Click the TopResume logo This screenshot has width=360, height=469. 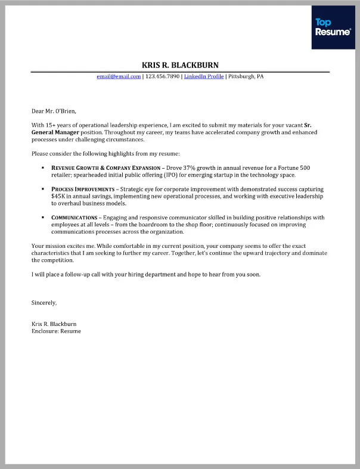pyautogui.click(x=332, y=27)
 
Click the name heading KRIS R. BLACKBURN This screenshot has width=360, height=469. pyautogui.click(x=180, y=65)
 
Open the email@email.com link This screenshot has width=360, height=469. pyautogui.click(x=119, y=76)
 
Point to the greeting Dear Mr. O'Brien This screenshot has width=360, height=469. pyautogui.click(x=54, y=110)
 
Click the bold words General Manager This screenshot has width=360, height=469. pyautogui.click(x=55, y=132)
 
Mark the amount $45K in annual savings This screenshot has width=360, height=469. pyautogui.click(x=58, y=196)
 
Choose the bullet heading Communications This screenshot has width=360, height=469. pyautogui.click(x=74, y=218)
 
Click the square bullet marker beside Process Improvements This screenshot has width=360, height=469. pyautogui.click(x=43, y=189)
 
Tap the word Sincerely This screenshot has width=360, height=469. pyautogui.click(x=44, y=303)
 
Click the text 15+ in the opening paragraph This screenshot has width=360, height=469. pyautogui.click(x=51, y=125)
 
